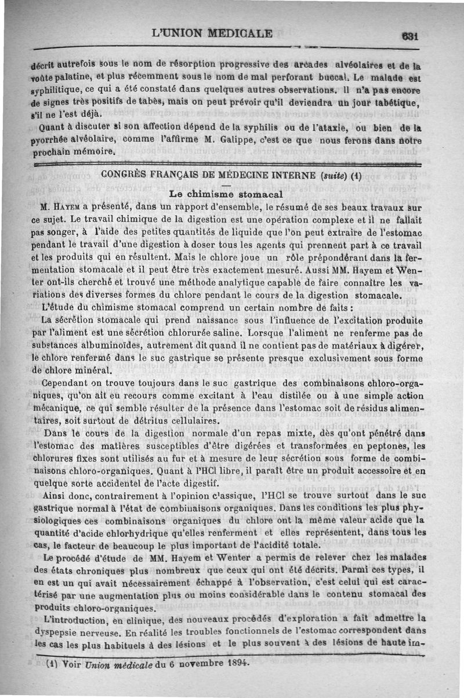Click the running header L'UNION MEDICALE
point(212,32)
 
